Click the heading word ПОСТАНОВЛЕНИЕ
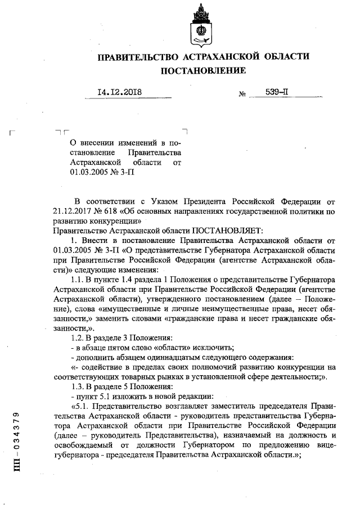tap(204, 71)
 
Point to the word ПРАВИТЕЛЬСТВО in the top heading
tap(135, 57)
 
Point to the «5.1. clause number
tap(79, 406)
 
